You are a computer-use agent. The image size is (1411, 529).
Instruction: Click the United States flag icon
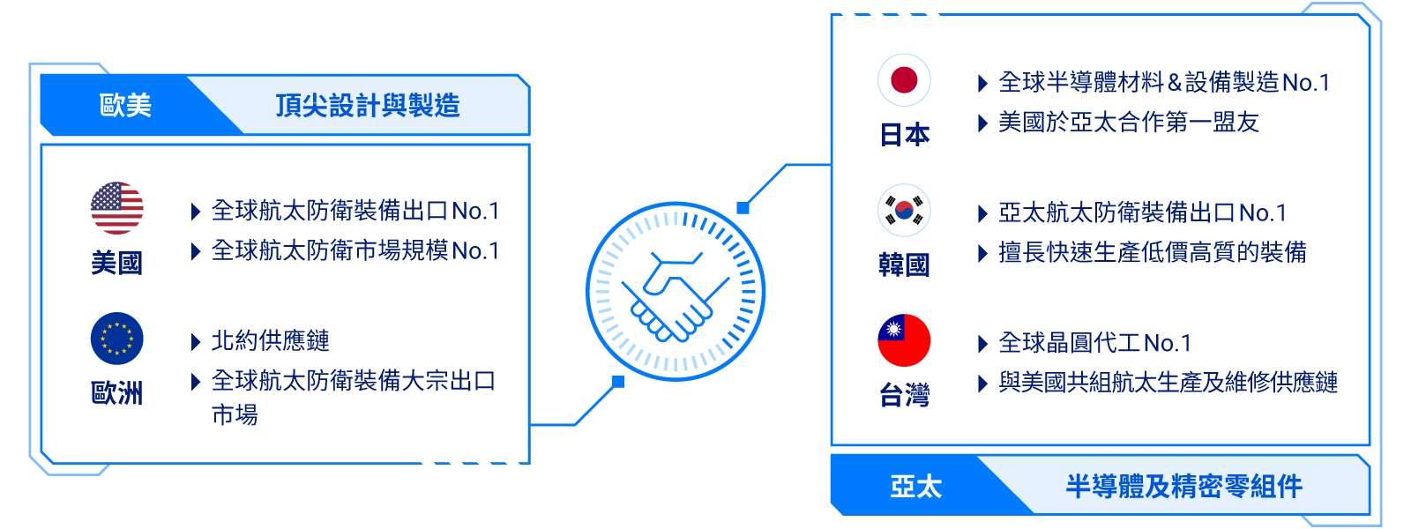click(x=117, y=208)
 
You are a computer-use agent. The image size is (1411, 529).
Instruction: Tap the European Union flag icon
click(x=117, y=339)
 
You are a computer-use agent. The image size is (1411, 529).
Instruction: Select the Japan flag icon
click(x=904, y=80)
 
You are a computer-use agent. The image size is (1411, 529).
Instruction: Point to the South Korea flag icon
click(x=904, y=211)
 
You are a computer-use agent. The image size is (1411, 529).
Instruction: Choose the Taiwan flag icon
click(x=904, y=340)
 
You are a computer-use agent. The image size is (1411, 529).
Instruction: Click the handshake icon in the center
click(x=676, y=292)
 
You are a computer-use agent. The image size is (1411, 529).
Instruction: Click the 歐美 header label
click(x=125, y=106)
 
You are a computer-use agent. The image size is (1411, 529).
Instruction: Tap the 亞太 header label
click(x=915, y=486)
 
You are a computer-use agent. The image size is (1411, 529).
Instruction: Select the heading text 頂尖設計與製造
click(x=368, y=106)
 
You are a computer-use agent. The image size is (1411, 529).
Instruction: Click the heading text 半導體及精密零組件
click(x=1183, y=486)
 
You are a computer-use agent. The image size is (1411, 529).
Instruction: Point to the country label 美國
click(x=117, y=263)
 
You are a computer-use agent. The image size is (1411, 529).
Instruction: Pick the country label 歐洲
click(x=117, y=393)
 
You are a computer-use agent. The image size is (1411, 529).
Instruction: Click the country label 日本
click(x=905, y=135)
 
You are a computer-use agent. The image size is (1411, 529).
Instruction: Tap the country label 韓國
click(x=904, y=265)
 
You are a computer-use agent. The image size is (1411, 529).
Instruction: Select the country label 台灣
click(x=904, y=396)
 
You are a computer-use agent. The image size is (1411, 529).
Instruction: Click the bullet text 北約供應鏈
click(x=270, y=341)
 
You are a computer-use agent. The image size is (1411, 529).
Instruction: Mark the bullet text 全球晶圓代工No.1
click(x=1094, y=343)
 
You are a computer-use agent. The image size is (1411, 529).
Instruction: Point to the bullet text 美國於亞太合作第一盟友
click(x=1128, y=123)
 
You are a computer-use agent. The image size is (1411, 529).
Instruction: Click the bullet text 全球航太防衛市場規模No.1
click(x=355, y=251)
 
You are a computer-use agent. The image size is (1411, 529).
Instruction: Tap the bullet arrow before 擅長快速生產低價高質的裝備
click(x=982, y=254)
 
